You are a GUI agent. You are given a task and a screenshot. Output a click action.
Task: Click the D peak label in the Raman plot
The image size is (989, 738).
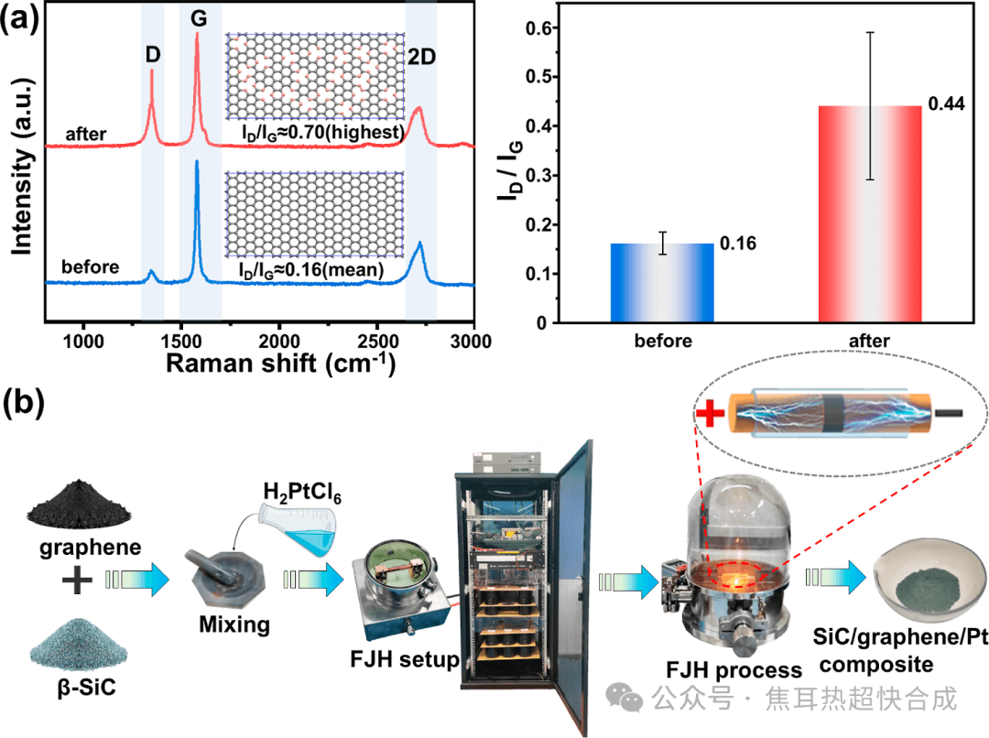coord(152,54)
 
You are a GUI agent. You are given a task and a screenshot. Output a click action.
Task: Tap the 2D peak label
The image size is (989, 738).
coord(422,57)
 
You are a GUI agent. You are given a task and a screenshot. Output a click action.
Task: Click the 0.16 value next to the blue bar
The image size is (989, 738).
coord(735,244)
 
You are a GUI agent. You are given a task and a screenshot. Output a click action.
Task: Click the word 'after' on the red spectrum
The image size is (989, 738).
coord(86,134)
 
